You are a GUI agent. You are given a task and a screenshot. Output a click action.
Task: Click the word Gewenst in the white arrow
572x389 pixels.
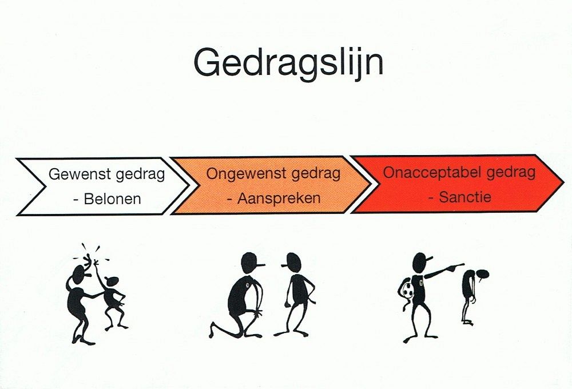80,174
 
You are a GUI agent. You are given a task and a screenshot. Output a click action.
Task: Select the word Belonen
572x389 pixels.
112,199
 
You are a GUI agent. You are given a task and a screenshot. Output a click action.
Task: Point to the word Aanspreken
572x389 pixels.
279,198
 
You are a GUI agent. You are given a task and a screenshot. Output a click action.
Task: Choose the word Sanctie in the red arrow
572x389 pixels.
465,197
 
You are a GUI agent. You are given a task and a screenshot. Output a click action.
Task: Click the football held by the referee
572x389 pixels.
408,291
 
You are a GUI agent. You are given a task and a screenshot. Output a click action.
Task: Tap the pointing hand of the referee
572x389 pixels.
456,267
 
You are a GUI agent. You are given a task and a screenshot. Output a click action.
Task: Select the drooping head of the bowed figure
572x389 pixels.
483,275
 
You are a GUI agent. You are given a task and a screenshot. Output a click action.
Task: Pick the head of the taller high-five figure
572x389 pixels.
80,274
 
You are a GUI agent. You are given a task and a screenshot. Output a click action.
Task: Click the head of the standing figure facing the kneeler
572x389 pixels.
293,263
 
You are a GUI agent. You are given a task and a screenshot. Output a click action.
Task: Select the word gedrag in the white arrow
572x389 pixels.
141,174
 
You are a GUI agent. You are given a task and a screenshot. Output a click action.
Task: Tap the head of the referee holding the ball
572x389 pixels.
421,262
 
